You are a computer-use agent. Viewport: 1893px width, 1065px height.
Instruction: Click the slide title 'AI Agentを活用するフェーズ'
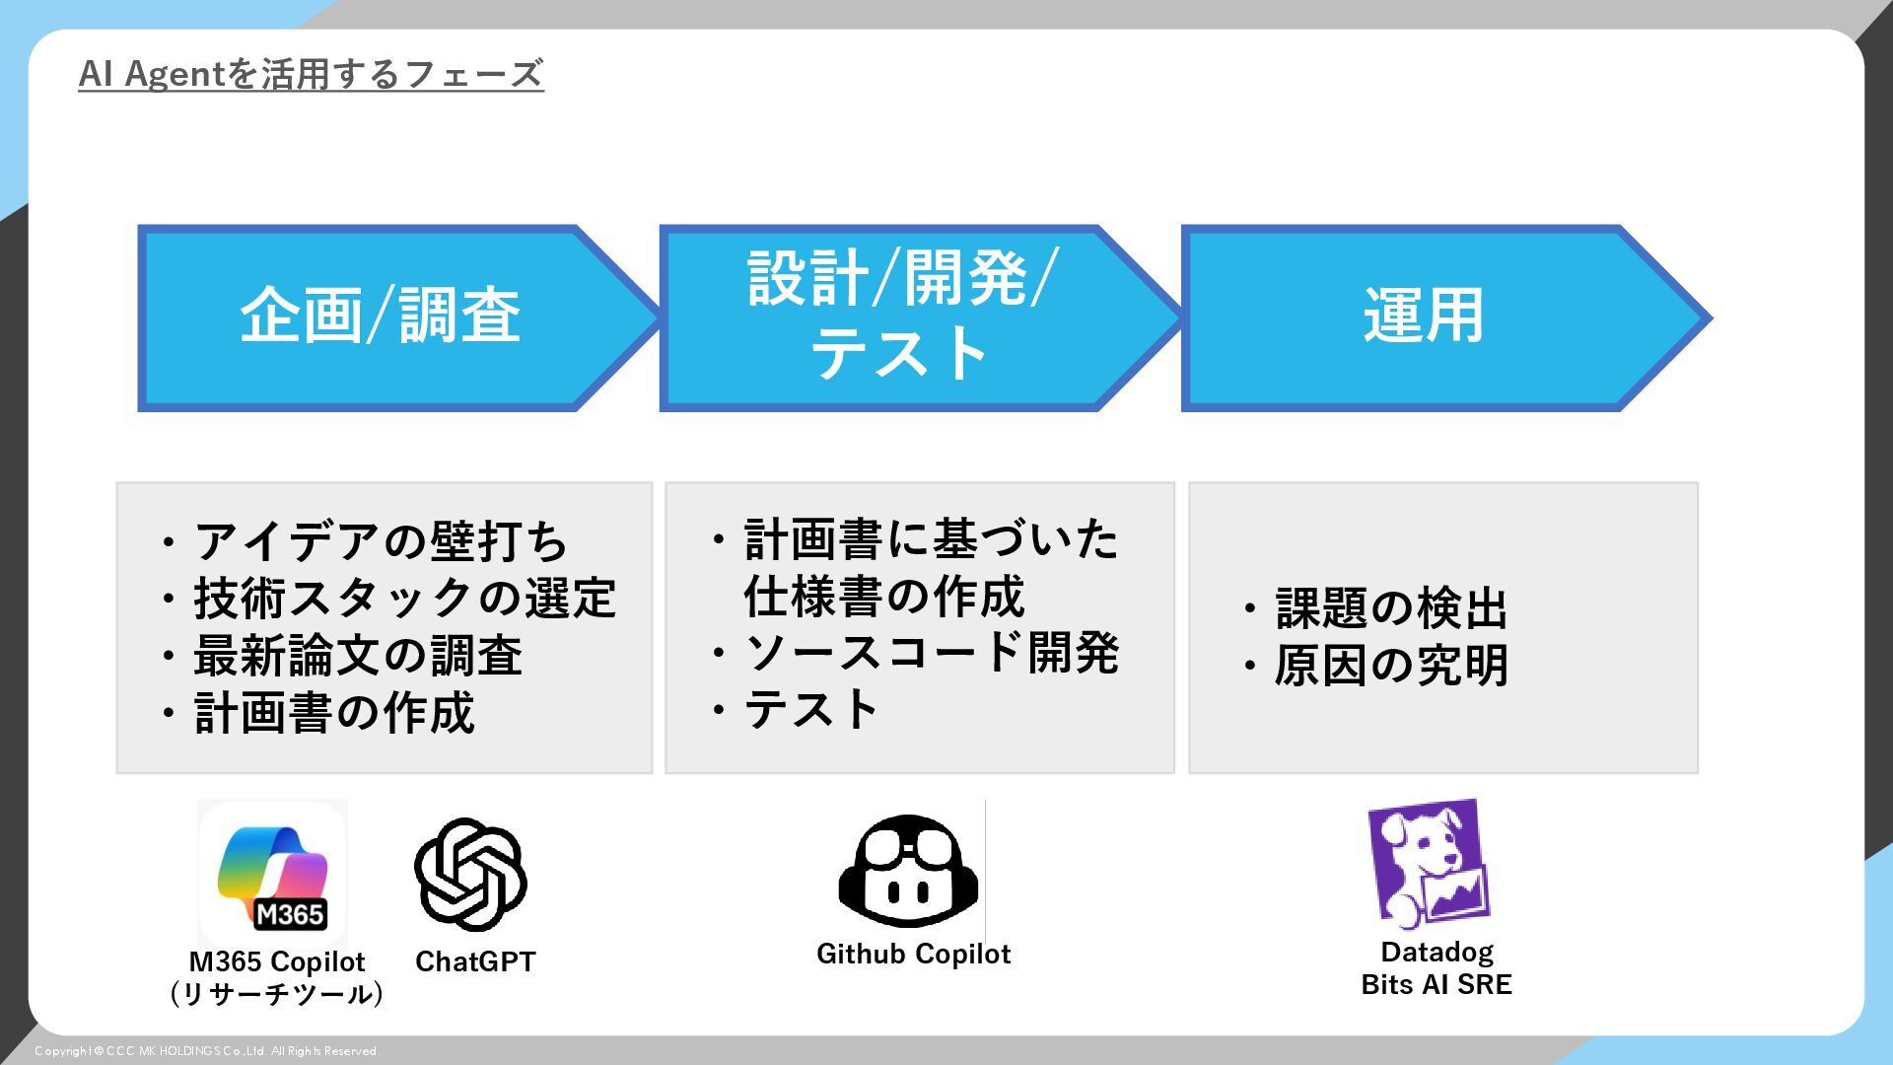[311, 74]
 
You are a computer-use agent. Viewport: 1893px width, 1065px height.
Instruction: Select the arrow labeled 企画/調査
[381, 318]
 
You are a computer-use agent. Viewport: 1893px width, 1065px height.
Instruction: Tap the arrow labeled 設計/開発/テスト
[901, 318]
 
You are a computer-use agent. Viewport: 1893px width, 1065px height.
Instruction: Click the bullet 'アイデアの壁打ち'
[381, 541]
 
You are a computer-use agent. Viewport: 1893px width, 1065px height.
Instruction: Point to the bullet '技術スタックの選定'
[404, 599]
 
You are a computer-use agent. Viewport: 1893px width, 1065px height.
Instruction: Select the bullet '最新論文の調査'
[357, 656]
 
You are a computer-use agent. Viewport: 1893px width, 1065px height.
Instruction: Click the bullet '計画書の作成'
[333, 713]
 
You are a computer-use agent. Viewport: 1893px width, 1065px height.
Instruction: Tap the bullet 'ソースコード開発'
[931, 653]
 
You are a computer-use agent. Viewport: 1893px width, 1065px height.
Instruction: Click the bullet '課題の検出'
[1390, 608]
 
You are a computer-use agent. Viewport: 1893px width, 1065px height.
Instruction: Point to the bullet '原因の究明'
[1390, 666]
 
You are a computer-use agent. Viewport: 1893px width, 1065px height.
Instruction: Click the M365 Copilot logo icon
[273, 874]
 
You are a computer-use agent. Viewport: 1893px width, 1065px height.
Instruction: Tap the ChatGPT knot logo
[470, 875]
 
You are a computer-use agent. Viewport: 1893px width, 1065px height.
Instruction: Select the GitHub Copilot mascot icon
[908, 872]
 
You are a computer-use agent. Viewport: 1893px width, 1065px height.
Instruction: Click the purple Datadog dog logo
[1429, 864]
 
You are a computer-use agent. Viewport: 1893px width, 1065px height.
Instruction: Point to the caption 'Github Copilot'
[913, 954]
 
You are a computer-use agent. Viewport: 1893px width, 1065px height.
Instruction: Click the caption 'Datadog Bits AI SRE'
[1437, 968]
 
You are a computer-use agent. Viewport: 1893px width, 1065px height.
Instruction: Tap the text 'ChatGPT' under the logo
[475, 961]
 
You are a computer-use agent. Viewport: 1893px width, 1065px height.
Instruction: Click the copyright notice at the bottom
[206, 1051]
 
